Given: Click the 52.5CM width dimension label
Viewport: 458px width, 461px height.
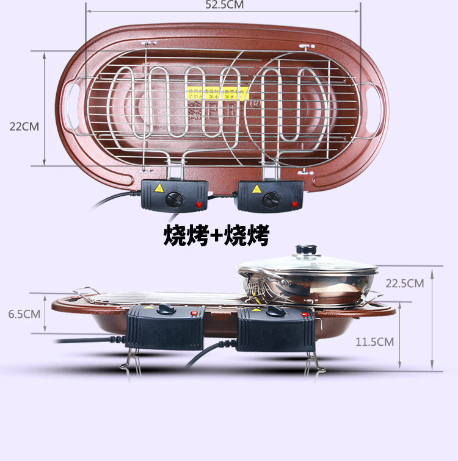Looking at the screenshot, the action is point(225,5).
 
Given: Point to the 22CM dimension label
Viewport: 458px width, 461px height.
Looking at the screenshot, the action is point(24,127).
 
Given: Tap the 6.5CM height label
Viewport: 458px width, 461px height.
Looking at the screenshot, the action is point(24,314).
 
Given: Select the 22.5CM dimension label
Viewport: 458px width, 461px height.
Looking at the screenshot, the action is point(404,283).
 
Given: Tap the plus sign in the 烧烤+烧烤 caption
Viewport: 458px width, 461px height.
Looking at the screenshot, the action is point(216,235).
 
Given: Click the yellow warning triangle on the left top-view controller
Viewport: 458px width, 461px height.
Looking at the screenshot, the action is point(158,188).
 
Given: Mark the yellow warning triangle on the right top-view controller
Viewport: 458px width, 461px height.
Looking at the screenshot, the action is point(255,188).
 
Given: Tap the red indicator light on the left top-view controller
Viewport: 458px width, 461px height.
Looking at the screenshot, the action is point(197,204).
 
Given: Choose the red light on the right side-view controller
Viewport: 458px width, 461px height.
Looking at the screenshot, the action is point(304,314).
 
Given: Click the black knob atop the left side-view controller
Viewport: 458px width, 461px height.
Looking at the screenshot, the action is point(164,309).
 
